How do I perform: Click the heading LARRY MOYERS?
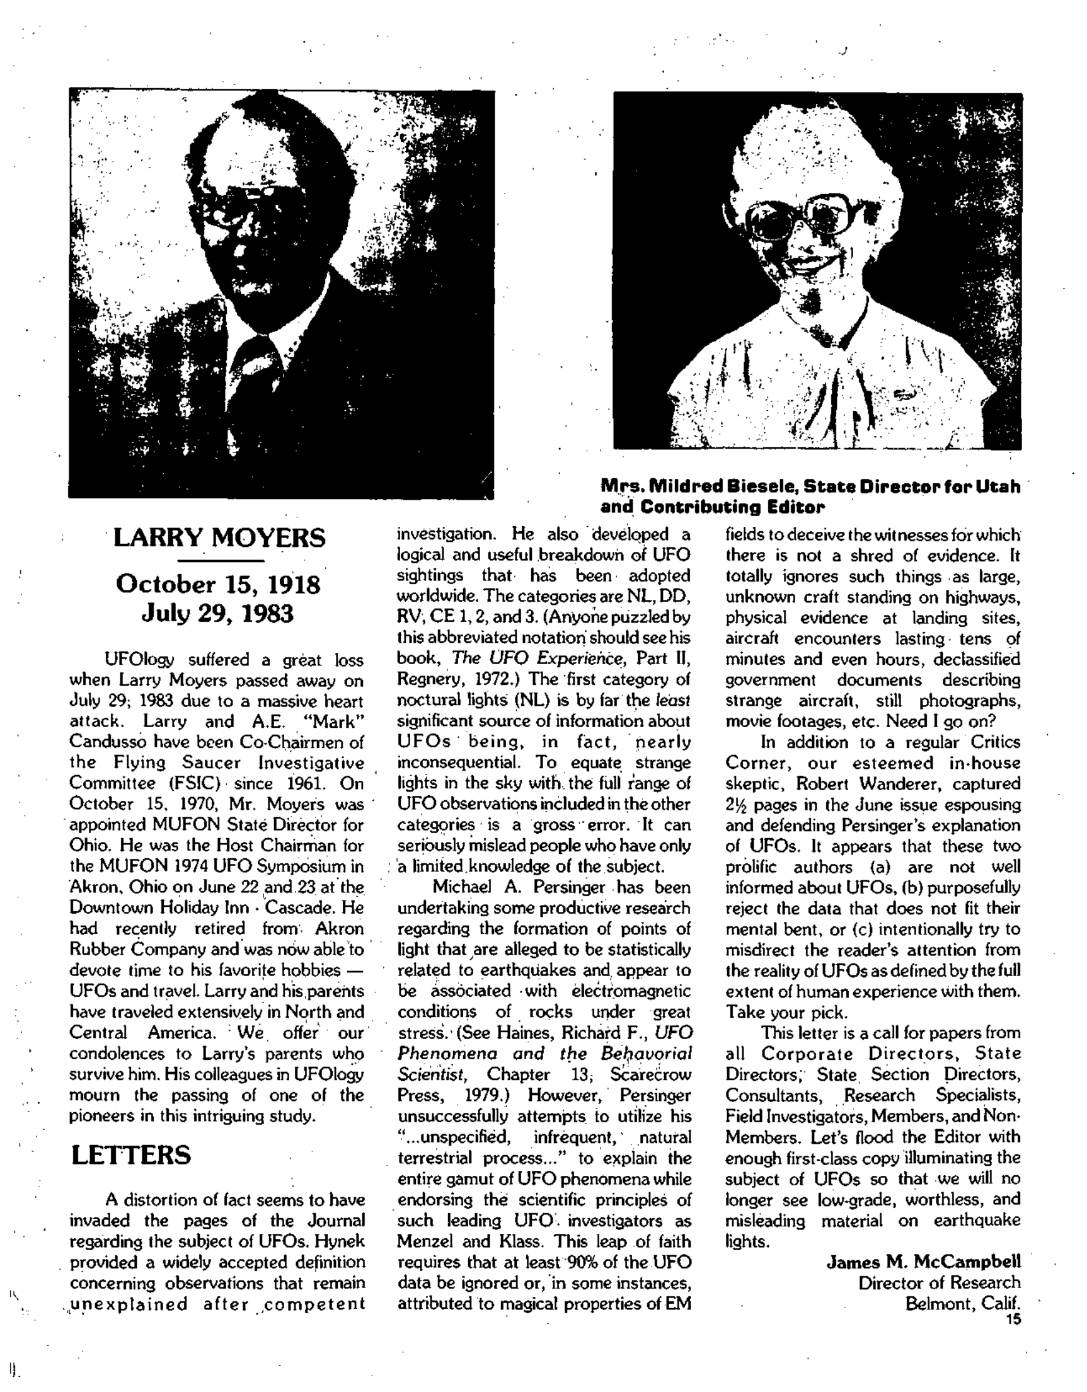coord(219,539)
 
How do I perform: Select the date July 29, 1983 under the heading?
coord(217,614)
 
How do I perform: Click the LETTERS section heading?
coord(130,1155)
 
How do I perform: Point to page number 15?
coord(1014,1320)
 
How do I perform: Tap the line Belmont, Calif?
coord(963,1303)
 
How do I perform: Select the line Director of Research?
coord(939,1282)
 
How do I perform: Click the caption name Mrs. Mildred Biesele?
coord(698,487)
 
